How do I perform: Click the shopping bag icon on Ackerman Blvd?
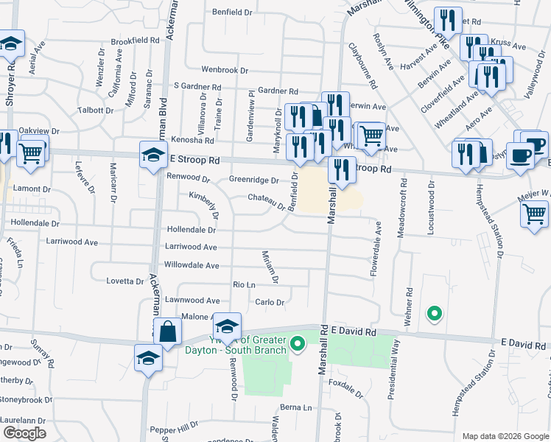coord(167,332)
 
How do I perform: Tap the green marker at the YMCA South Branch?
coord(298,343)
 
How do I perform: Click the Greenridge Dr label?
coord(253,180)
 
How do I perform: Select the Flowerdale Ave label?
coord(375,250)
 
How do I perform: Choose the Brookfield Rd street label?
coord(135,41)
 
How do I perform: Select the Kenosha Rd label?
coord(192,140)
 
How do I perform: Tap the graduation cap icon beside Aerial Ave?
coord(12,46)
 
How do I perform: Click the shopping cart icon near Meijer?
coord(535,214)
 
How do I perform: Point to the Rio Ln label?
coord(243,284)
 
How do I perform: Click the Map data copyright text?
coord(505,435)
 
